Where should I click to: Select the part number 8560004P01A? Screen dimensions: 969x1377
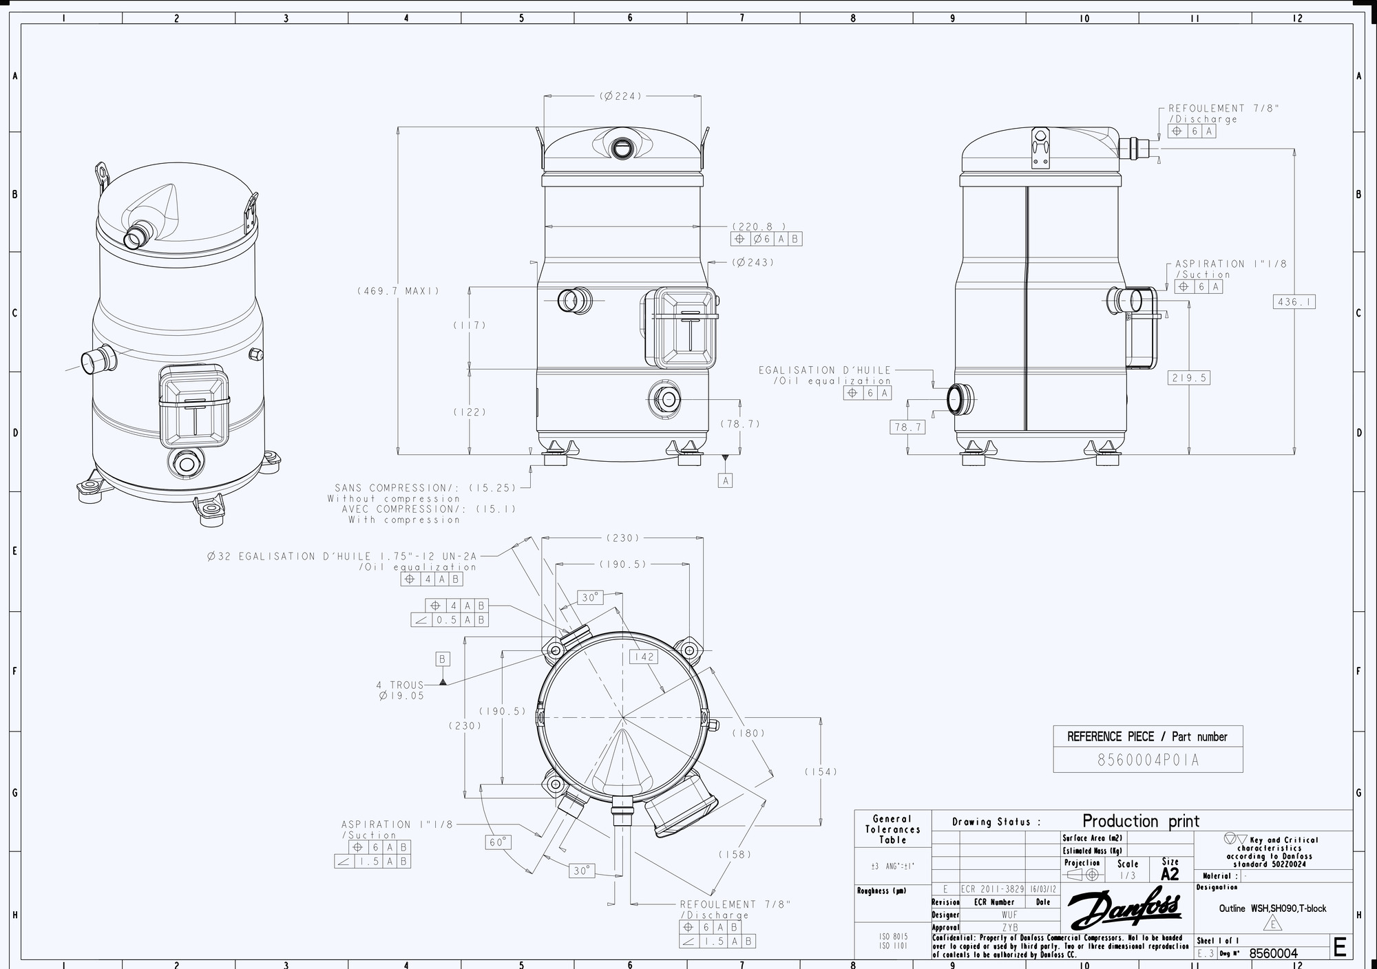point(1148,760)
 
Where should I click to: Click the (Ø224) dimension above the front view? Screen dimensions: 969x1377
point(620,96)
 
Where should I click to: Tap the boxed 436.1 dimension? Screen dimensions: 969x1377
point(1294,301)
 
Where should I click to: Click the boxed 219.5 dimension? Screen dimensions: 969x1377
point(1189,378)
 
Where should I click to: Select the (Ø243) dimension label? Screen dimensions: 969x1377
point(753,262)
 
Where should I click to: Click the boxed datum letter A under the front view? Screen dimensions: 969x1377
point(726,480)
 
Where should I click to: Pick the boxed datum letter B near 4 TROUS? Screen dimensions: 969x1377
point(443,659)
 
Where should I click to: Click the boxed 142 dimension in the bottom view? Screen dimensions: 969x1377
point(644,657)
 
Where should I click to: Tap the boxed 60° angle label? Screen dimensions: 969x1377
point(498,842)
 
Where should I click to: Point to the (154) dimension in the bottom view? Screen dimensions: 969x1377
point(821,771)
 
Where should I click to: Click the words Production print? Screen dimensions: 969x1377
point(1141,821)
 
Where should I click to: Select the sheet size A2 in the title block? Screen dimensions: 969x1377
point(1170,874)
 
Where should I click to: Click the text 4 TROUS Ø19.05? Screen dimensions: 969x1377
point(401,690)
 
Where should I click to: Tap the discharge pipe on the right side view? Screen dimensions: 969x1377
point(1135,148)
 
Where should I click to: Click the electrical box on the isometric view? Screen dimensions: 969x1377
point(194,408)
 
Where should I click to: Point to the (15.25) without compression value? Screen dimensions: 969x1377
point(492,488)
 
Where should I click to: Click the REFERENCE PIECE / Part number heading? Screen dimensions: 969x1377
point(1147,736)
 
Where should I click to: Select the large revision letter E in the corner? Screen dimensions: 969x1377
point(1340,948)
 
